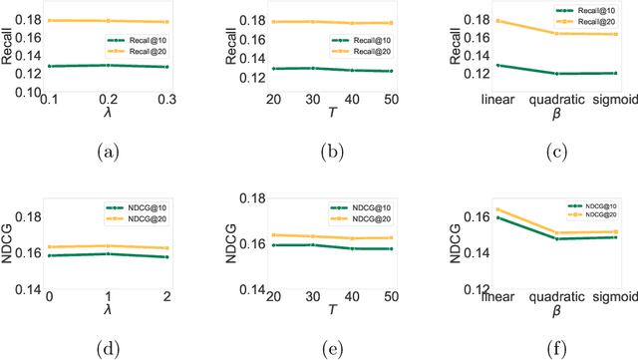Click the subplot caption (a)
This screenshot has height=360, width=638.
click(110, 153)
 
